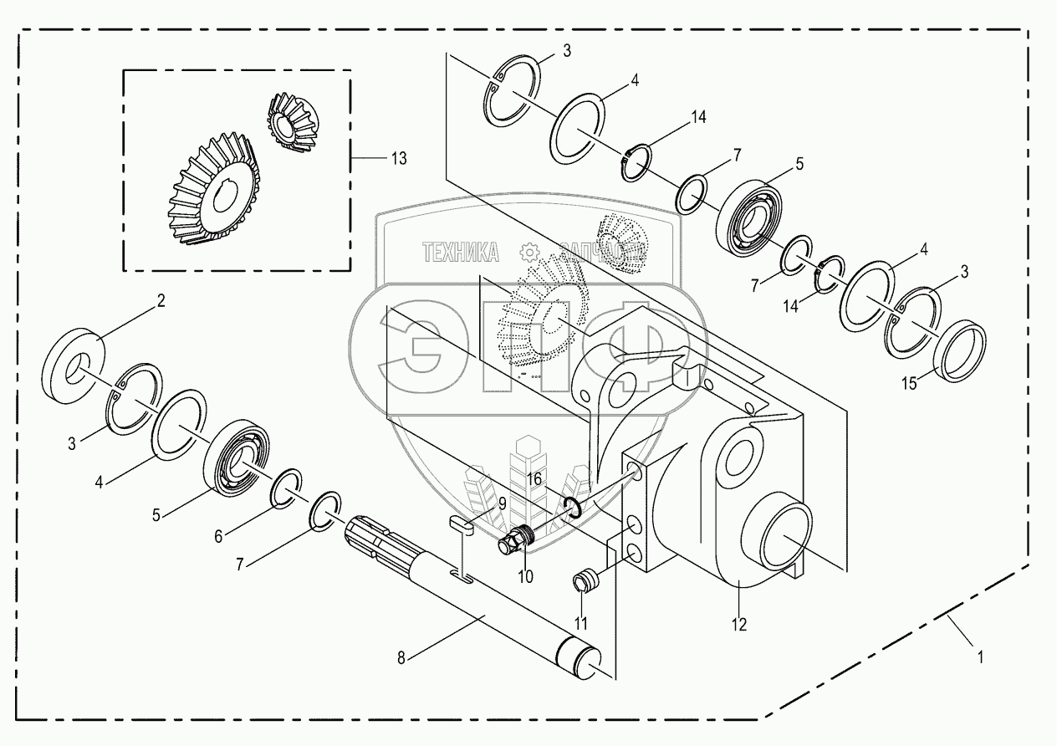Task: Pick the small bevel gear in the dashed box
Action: click(x=288, y=125)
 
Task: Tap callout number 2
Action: click(x=161, y=301)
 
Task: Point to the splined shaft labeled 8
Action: click(x=468, y=594)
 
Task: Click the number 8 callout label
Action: click(x=402, y=658)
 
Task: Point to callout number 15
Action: click(x=908, y=384)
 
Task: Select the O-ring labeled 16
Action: click(x=571, y=506)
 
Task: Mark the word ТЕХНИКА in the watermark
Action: click(x=461, y=252)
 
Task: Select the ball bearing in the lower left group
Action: click(x=240, y=458)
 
